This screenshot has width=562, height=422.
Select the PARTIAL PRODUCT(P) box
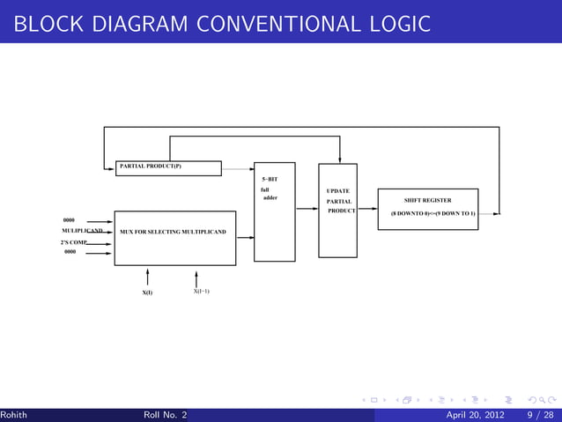pos(168,168)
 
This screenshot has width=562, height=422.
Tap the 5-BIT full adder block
pos(274,212)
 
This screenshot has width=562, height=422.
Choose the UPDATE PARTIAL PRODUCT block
pos(338,210)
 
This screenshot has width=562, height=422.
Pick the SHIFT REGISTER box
pos(427,208)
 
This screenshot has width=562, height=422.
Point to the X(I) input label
pos(148,292)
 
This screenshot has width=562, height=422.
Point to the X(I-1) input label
pos(201,291)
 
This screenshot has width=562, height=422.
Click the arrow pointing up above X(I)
pos(148,277)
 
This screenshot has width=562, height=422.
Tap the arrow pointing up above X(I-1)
pos(196,277)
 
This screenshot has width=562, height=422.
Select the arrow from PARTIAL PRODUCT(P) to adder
pos(237,168)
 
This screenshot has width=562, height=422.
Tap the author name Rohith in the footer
pos(13,415)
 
